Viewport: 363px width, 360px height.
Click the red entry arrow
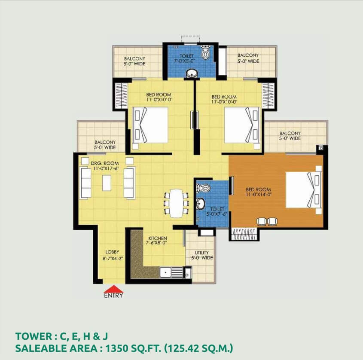tap(113, 290)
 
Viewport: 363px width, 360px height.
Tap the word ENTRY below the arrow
tap(113, 296)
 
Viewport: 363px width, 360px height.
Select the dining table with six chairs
tap(176, 204)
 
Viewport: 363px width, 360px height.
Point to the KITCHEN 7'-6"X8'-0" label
tap(157, 240)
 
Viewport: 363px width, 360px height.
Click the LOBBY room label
tap(112, 252)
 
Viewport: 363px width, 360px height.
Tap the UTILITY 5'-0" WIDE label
tap(202, 255)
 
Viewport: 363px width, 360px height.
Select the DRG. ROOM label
tap(105, 163)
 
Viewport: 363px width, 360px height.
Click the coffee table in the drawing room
tap(107, 183)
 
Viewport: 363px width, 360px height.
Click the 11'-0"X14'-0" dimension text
tap(259, 195)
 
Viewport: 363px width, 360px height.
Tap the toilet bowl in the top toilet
tap(205, 52)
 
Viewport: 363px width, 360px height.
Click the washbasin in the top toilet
tap(192, 73)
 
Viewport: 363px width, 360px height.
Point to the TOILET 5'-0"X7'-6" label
tap(217, 212)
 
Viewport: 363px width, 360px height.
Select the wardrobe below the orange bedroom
tap(244, 234)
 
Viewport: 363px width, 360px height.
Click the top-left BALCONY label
tap(134, 61)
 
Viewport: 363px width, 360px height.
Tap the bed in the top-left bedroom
tap(150, 126)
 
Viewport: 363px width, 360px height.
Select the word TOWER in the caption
tap(34, 336)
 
